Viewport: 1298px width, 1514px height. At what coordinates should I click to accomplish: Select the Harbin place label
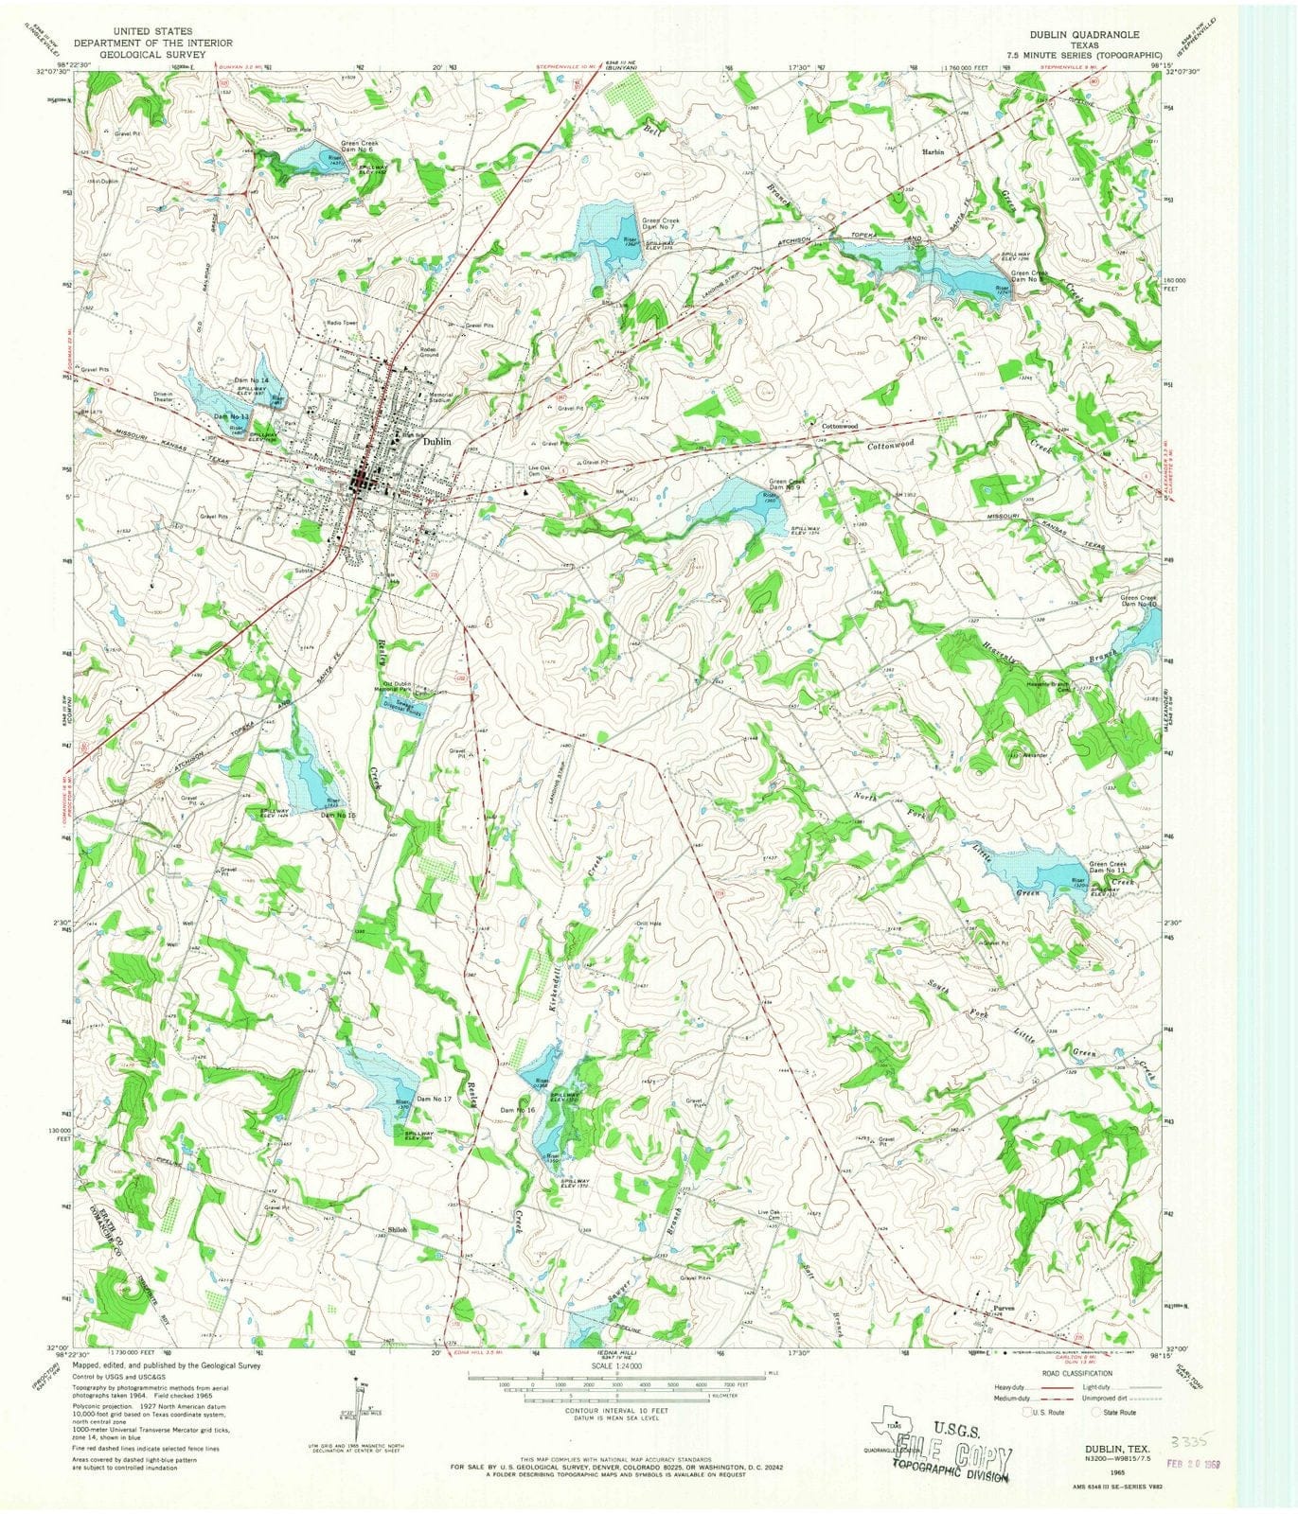click(933, 151)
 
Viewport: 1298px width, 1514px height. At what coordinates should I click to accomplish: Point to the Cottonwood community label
click(839, 427)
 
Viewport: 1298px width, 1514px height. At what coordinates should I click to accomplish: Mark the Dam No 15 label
click(338, 815)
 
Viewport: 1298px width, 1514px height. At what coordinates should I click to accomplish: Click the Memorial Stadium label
click(441, 397)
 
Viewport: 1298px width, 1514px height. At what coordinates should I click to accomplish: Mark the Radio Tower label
click(343, 324)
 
